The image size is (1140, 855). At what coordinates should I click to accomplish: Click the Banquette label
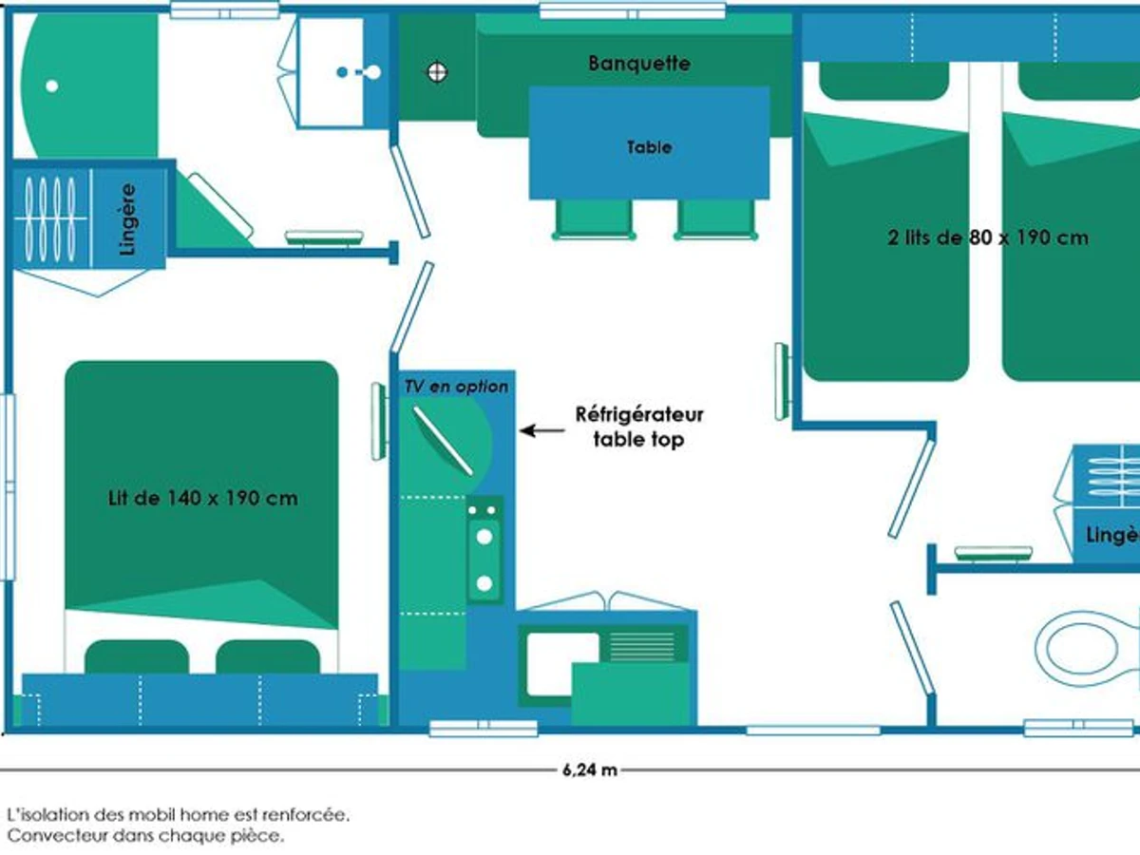[639, 64]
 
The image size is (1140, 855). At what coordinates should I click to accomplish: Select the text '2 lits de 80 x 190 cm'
[988, 237]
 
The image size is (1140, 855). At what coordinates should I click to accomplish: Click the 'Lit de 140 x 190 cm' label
[202, 498]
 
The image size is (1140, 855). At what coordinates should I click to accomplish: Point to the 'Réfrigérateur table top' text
[639, 427]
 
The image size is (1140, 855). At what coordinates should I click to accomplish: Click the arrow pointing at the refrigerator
[541, 430]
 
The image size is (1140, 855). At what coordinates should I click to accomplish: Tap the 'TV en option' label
[456, 387]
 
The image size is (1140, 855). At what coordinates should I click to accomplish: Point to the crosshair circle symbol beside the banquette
[437, 70]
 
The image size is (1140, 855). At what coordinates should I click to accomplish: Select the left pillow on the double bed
[137, 656]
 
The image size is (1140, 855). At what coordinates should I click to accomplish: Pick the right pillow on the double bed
[268, 656]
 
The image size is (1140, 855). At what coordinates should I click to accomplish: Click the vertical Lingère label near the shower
[129, 218]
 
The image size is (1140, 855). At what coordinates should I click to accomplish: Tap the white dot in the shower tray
[51, 85]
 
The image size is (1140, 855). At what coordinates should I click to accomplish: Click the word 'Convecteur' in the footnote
[47, 836]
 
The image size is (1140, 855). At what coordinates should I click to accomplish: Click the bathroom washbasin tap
[359, 72]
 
